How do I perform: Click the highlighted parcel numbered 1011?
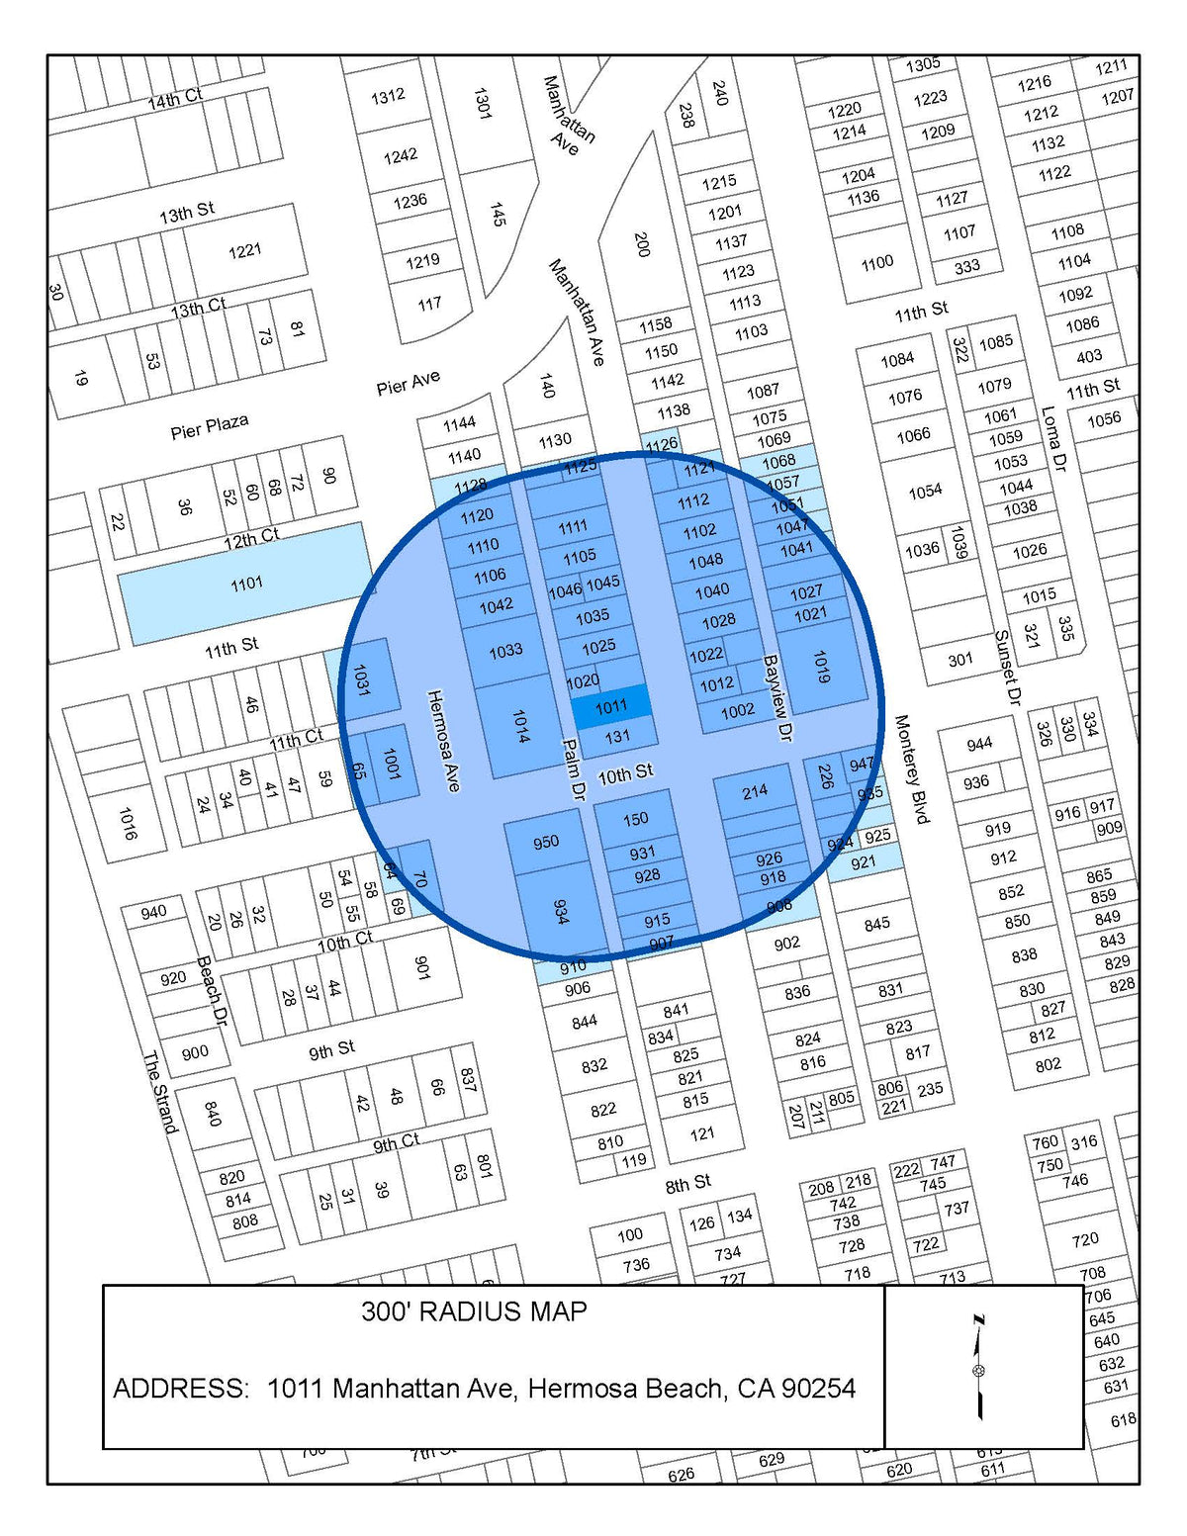tap(611, 706)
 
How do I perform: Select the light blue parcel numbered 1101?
tap(246, 584)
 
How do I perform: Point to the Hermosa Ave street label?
tap(443, 740)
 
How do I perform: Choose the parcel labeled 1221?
tap(244, 250)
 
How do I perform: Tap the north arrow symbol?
tap(979, 1369)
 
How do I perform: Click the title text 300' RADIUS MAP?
tap(474, 1311)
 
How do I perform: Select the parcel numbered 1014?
tap(519, 725)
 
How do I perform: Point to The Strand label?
tap(159, 1092)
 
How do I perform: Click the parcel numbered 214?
tap(755, 791)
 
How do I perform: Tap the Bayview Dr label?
tap(778, 697)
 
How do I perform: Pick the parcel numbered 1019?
tap(821, 666)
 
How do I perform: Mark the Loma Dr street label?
tap(1054, 437)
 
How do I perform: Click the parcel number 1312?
tap(387, 96)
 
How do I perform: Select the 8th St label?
tap(687, 1183)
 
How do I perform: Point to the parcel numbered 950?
tap(546, 843)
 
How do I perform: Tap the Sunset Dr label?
tap(1007, 668)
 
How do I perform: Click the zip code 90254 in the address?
tap(818, 1389)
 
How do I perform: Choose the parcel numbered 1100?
tap(876, 263)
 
